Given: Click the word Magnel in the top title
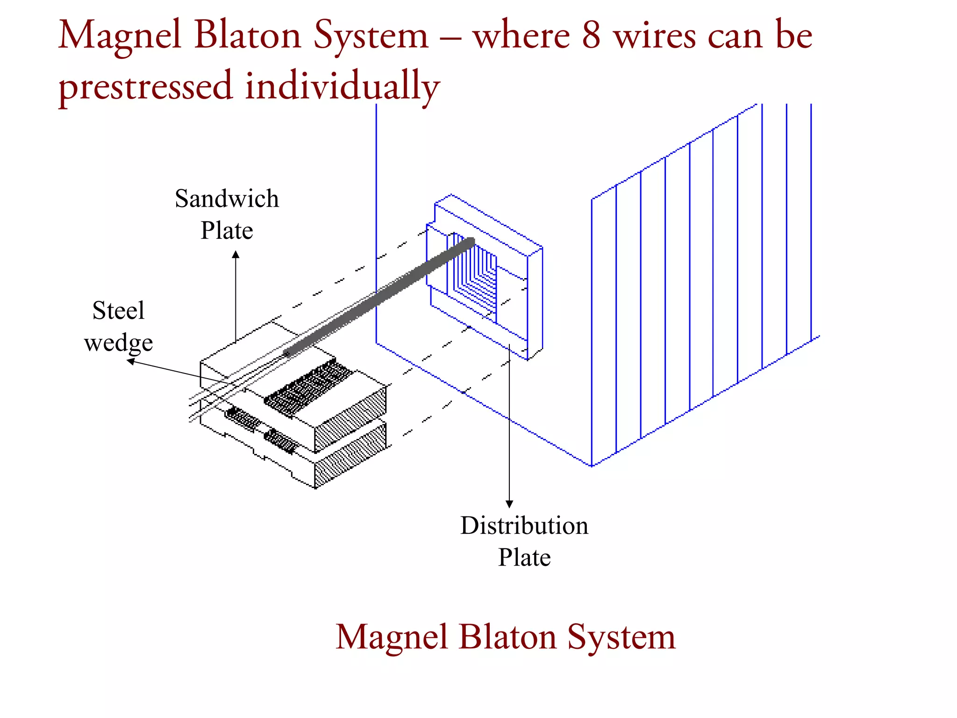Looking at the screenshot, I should pyautogui.click(x=120, y=36).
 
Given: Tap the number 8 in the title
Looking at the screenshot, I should pyautogui.click(x=591, y=36).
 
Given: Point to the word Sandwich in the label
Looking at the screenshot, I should pyautogui.click(x=227, y=199).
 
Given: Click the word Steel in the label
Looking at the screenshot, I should pyautogui.click(x=118, y=311).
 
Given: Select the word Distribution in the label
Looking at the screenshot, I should pyautogui.click(x=524, y=526).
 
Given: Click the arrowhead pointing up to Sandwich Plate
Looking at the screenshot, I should pyautogui.click(x=236, y=255).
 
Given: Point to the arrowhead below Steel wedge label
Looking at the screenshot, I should pyautogui.click(x=131, y=361).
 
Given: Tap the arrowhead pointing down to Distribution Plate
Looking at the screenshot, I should pyautogui.click(x=509, y=504).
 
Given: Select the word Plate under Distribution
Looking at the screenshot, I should pyautogui.click(x=524, y=558).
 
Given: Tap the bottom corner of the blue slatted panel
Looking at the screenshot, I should pyautogui.click(x=592, y=466).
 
